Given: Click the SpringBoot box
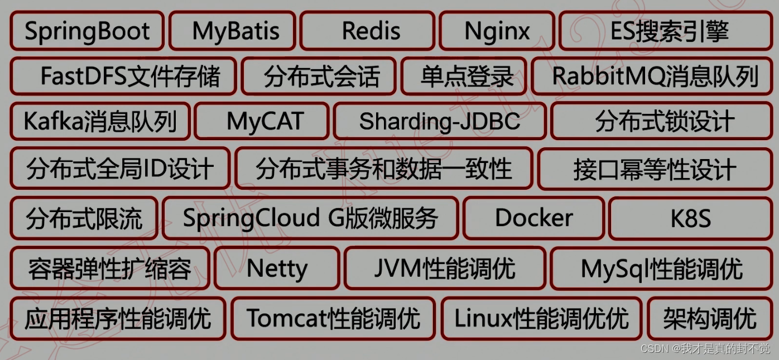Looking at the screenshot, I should pyautogui.click(x=87, y=31).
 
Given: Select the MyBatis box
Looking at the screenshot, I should pyautogui.click(x=235, y=31).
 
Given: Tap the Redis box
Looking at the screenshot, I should pyautogui.click(x=371, y=31).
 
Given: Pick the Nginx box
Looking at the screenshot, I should pyautogui.click(x=497, y=31).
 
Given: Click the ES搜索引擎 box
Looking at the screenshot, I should pyautogui.click(x=669, y=31).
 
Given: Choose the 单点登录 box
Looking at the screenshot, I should pyautogui.click(x=467, y=76).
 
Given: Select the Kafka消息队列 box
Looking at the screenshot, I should pyautogui.click(x=100, y=121).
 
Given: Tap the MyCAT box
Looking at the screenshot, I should pyautogui.click(x=265, y=121).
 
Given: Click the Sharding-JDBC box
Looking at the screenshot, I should pyautogui.click(x=440, y=121).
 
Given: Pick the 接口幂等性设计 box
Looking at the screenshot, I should pyautogui.click(x=655, y=169).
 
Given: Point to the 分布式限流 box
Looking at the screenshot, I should pyautogui.click(x=84, y=218).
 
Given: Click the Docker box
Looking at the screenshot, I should pyautogui.click(x=534, y=218).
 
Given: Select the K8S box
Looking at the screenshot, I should pyautogui.click(x=691, y=218).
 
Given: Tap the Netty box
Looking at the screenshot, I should pyautogui.click(x=277, y=268).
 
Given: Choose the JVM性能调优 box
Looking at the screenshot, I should pyautogui.click(x=445, y=268).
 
